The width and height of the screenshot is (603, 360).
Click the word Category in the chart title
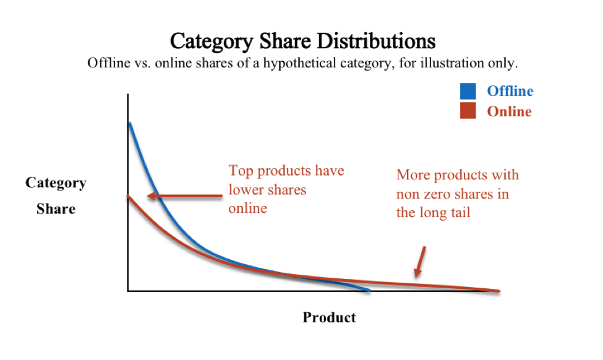pos(212,41)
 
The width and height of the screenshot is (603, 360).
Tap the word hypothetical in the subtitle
pos(299,63)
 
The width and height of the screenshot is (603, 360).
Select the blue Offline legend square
pos(468,91)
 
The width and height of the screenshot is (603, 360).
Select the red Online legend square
pos(468,110)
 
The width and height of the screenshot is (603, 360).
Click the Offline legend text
pos(510,91)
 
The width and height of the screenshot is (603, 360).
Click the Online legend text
pos(509,111)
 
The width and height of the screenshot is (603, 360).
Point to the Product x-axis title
pos(329,317)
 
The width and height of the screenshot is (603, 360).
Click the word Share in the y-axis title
pos(56,209)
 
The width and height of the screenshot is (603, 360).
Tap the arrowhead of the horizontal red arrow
pos(150,196)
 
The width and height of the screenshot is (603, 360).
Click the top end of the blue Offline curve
pos(130,123)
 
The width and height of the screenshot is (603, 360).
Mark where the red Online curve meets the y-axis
pos(128,196)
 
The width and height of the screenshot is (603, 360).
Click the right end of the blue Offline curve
pos(369,290)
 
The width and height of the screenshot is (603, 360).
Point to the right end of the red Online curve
pos(499,291)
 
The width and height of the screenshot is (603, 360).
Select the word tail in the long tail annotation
pos(459,213)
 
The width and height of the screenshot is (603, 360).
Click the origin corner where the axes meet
pos(128,291)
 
